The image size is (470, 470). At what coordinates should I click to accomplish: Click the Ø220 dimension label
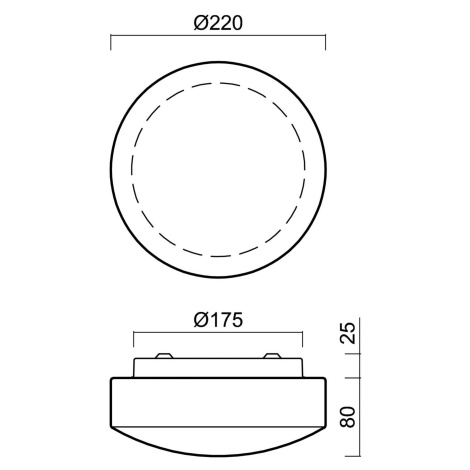pos(218,24)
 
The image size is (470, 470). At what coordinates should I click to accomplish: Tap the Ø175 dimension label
pos(218,320)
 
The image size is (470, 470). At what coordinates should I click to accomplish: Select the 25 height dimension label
pos(349,333)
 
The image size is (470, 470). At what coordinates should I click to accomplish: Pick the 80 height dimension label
pos(349,417)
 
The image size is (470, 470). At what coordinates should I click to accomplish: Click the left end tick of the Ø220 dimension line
pos(111,42)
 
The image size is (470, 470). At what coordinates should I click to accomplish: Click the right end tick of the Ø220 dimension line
pos(325,42)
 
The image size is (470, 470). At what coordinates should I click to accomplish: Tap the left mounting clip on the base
pos(164,356)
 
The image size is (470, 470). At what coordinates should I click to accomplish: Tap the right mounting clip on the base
pos(272,356)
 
